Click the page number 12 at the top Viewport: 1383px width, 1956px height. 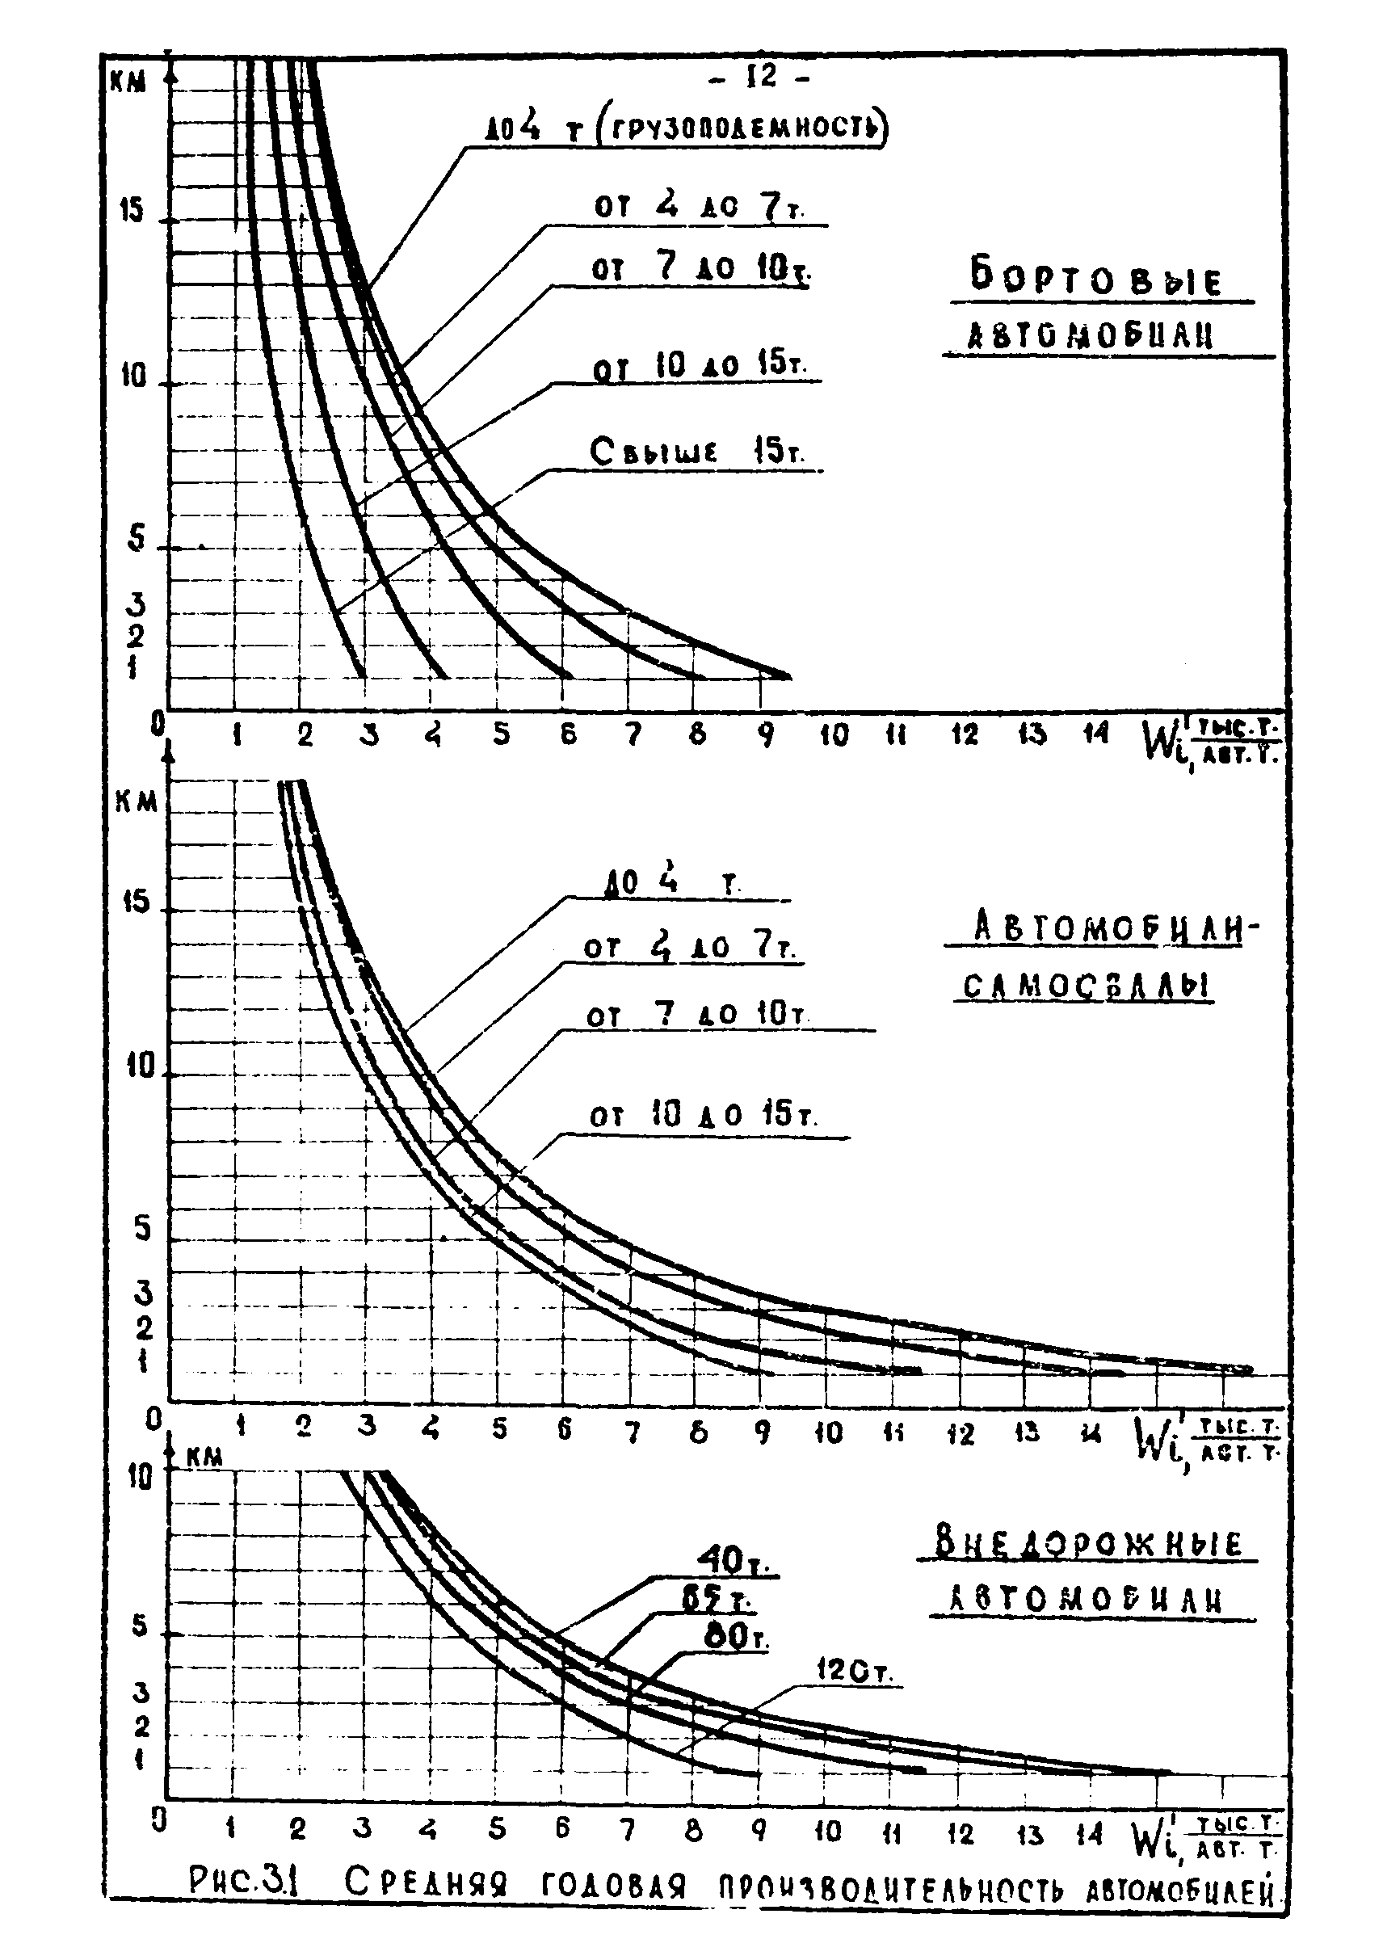[761, 78]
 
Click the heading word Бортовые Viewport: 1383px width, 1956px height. [1096, 278]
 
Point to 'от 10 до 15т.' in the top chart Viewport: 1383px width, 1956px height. [698, 365]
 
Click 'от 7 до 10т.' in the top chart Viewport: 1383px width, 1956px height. [700, 267]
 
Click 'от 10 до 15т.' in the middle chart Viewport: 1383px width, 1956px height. [704, 1114]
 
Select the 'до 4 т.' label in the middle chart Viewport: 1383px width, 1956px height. [673, 882]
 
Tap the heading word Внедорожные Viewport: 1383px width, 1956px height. [1087, 1543]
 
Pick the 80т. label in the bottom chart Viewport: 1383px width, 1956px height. [737, 1637]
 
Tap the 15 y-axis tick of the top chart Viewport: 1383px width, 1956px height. [131, 210]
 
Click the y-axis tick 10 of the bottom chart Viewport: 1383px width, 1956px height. [138, 1476]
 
